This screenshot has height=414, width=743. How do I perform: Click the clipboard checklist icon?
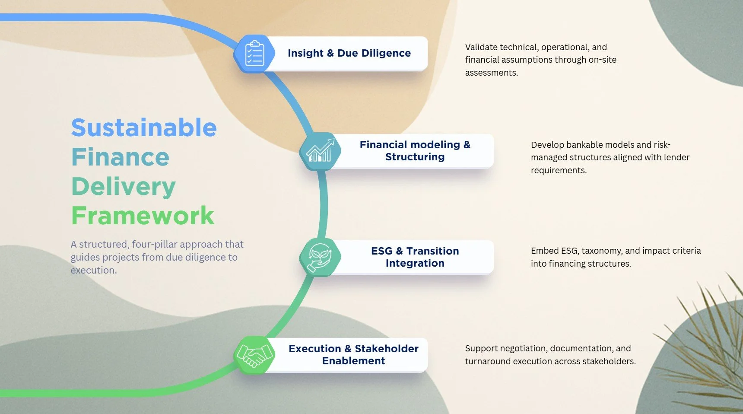[x=254, y=54]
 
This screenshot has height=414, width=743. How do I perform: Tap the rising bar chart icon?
[x=320, y=151]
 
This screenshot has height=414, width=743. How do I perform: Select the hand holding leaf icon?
[x=320, y=258]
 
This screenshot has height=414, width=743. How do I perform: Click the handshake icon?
[x=254, y=355]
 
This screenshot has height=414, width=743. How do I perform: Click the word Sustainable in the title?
[x=144, y=128]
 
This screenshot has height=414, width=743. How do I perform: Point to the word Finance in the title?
[x=120, y=157]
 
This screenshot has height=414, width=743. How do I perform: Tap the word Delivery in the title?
[x=124, y=186]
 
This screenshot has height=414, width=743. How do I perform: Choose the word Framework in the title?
[x=143, y=216]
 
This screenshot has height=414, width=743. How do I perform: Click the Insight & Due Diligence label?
[x=349, y=53]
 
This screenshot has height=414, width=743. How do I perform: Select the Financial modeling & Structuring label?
[x=415, y=151]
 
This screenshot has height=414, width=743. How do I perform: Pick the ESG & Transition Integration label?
[x=415, y=257]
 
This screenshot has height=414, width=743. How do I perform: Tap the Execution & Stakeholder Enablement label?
[x=353, y=355]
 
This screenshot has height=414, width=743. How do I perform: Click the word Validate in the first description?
[x=481, y=47]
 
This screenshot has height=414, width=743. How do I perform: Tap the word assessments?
[x=491, y=73]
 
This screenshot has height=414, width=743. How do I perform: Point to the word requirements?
[x=559, y=170]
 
